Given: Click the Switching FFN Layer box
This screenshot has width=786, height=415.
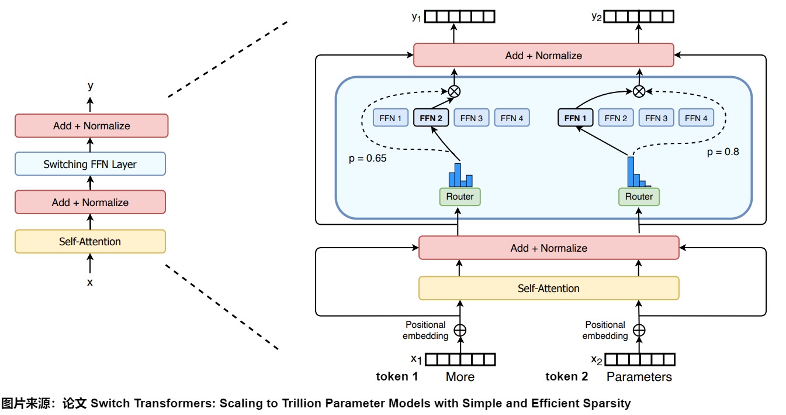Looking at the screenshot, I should click(90, 164).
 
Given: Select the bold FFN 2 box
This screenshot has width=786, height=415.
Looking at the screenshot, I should click(431, 118).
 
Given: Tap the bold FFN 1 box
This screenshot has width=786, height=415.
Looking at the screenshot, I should click(575, 118).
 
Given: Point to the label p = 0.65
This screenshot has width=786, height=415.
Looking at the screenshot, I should click(368, 158).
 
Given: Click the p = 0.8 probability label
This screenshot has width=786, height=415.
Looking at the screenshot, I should click(723, 152).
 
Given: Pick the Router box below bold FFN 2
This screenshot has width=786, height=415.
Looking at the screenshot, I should click(460, 197).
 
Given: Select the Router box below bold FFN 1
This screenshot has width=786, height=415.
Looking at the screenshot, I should click(639, 197).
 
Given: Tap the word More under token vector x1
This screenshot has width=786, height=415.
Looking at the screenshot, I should click(460, 376).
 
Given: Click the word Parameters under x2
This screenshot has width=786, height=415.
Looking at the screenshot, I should click(639, 376).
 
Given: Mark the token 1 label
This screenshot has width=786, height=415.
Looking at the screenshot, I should click(397, 376).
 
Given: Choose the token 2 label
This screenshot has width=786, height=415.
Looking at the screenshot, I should click(567, 376).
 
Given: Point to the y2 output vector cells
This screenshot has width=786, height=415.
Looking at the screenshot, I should click(639, 17).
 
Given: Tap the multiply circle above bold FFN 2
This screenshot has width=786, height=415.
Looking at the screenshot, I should click(454, 91).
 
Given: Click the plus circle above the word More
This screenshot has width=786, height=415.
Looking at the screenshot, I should click(460, 330).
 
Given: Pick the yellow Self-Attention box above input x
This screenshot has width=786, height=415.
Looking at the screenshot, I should click(90, 241).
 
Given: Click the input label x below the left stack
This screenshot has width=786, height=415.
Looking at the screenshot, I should click(90, 282).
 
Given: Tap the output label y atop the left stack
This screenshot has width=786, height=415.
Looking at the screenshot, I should click(90, 86).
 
